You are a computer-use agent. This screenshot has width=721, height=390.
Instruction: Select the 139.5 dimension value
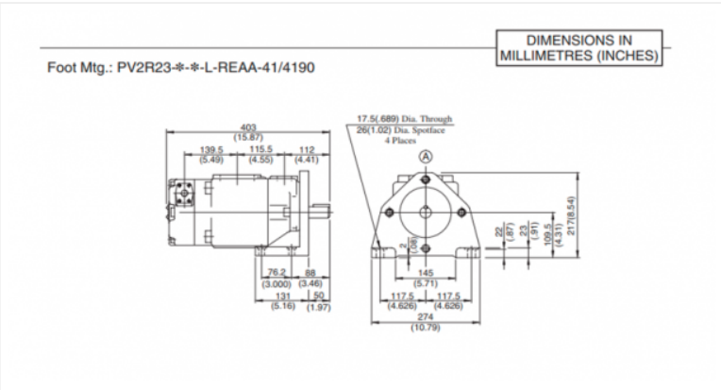(210, 150)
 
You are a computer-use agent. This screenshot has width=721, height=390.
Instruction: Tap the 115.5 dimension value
(260, 150)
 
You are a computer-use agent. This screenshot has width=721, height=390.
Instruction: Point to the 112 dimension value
(305, 150)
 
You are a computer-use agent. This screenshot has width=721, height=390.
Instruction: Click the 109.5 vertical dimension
(547, 240)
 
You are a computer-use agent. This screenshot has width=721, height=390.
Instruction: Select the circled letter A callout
(426, 156)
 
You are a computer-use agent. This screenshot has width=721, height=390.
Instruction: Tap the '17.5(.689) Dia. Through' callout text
(404, 119)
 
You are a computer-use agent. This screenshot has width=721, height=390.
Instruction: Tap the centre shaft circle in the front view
(426, 213)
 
